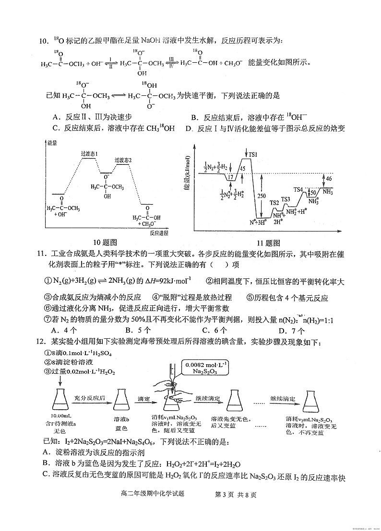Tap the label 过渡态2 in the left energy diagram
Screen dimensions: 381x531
pyautogui.click(x=123, y=160)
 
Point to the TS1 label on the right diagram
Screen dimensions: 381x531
pyautogui.click(x=253, y=154)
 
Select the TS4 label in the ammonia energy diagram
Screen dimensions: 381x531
pyautogui.click(x=298, y=189)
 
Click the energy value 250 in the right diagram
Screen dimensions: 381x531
pyautogui.click(x=261, y=196)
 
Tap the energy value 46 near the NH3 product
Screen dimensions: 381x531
pyautogui.click(x=329, y=178)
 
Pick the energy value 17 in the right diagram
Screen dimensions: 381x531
pyautogui.click(x=231, y=177)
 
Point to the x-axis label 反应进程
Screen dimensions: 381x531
pyautogui.click(x=158, y=233)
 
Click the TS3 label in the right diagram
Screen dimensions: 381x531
pyautogui.click(x=286, y=199)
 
